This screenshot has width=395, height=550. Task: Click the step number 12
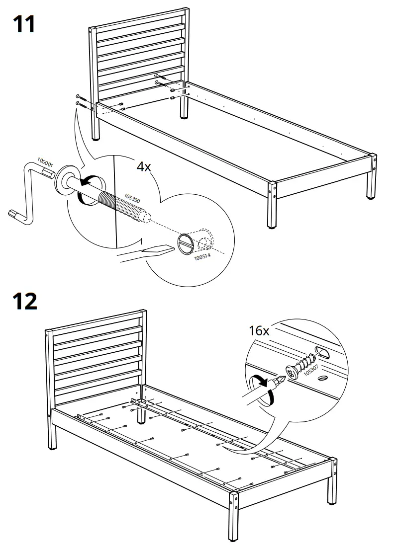(24, 302)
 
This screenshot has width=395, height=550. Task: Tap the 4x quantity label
(144, 166)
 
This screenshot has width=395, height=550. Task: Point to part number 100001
(45, 162)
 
